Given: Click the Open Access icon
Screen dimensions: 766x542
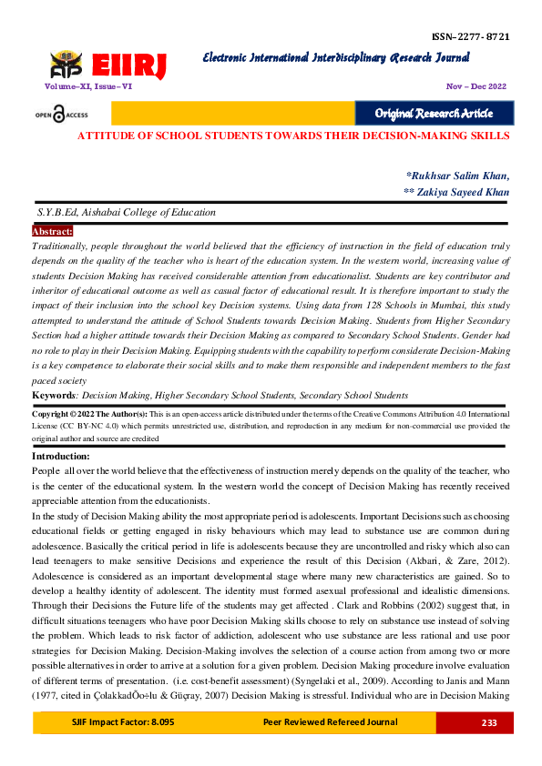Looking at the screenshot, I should [x=62, y=114].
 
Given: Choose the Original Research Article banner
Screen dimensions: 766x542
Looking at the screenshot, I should [x=435, y=113].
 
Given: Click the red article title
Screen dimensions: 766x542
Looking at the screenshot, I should [x=292, y=136].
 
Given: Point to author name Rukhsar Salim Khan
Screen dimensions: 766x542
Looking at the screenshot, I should [x=458, y=175].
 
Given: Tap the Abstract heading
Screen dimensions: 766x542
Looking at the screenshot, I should [x=52, y=232].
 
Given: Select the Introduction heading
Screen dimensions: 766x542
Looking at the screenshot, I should [x=61, y=456].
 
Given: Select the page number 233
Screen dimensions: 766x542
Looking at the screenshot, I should [x=487, y=722].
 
